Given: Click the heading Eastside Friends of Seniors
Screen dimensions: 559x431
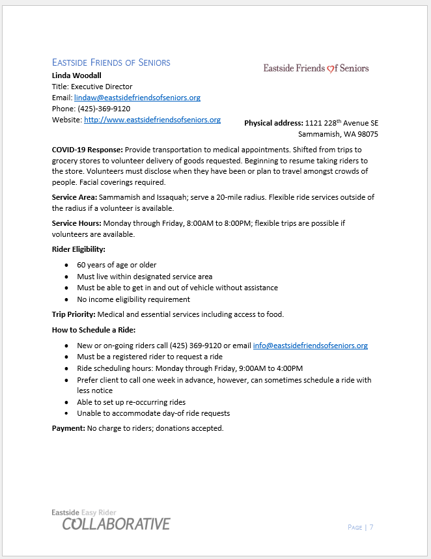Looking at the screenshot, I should pyautogui.click(x=111, y=62).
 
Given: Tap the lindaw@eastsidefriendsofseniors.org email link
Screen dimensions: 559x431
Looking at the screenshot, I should pyautogui.click(x=137, y=98).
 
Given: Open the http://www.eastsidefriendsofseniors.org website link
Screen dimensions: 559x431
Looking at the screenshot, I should pyautogui.click(x=152, y=120).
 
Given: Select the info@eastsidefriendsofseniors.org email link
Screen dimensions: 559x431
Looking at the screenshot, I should pyautogui.click(x=310, y=346).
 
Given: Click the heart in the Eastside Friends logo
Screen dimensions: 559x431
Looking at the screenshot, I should pyautogui.click(x=330, y=68).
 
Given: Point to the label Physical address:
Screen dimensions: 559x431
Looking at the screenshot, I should pyautogui.click(x=273, y=123).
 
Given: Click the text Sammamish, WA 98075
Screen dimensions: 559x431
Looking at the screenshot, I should pyautogui.click(x=338, y=134).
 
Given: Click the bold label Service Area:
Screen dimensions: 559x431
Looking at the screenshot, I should pyautogui.click(x=75, y=197).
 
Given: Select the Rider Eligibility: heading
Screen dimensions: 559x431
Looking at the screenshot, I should pyautogui.click(x=79, y=249).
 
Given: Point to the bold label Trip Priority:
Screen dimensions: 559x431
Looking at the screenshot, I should pyautogui.click(x=74, y=314).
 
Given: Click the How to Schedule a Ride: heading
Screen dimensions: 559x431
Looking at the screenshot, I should pyautogui.click(x=94, y=330).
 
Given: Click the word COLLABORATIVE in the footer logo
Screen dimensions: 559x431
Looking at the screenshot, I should pyautogui.click(x=117, y=524).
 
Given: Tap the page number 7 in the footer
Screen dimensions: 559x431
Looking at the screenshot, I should pyautogui.click(x=371, y=527).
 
